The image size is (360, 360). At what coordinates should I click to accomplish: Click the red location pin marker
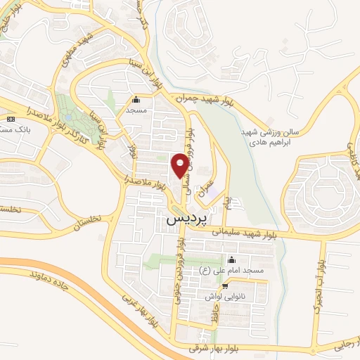180,165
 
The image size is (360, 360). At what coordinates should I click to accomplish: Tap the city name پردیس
188,219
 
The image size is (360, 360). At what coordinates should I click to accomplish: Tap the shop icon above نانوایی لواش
224,286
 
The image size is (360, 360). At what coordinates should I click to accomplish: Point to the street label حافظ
212,316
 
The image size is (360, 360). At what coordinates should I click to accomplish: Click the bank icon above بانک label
10,119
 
